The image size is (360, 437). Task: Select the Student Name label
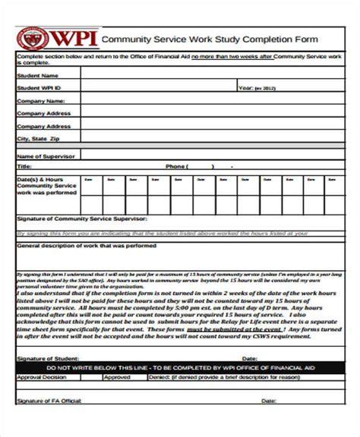click(37, 75)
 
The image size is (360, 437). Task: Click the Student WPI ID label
click(40, 88)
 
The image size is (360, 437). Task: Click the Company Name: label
click(38, 100)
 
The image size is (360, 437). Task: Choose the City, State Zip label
click(37, 140)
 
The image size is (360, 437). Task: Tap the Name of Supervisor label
click(45, 156)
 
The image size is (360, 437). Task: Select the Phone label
click(175, 165)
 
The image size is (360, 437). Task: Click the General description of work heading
click(87, 246)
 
